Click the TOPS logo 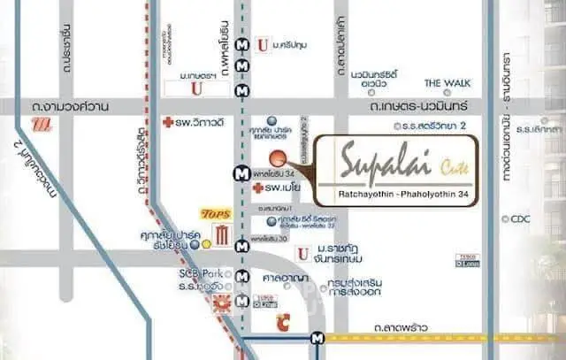click(216, 214)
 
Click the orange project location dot click(277, 158)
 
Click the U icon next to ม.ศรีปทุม click(262, 43)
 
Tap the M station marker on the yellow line click(316, 337)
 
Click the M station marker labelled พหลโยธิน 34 click(241, 174)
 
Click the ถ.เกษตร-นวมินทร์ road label click(410, 107)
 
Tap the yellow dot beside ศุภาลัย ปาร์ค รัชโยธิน click(206, 242)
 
